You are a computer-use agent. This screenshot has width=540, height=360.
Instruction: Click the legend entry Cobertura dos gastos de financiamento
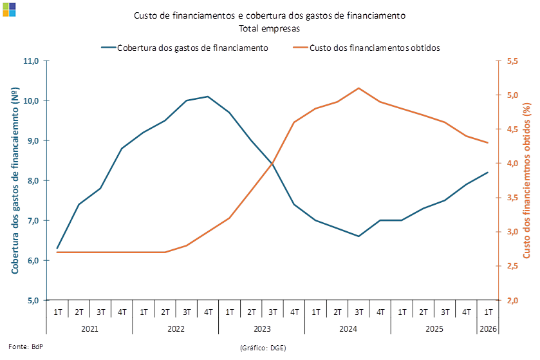coord(185,48)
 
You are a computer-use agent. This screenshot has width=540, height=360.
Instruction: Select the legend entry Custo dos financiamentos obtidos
coord(366,48)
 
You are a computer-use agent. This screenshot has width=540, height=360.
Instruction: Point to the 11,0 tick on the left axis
coord(31,61)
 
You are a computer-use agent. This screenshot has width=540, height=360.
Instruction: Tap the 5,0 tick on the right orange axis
coord(512,95)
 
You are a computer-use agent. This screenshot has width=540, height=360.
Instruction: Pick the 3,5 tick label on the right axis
coord(512,198)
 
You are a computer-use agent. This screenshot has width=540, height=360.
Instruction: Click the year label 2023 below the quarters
coord(262,329)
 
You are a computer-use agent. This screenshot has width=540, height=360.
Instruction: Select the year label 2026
coord(488,329)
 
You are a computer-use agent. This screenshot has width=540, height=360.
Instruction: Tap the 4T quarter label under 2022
coord(209,312)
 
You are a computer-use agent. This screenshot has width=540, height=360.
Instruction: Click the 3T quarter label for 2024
coord(359,312)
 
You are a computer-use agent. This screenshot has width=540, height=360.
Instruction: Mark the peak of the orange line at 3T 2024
coord(358,88)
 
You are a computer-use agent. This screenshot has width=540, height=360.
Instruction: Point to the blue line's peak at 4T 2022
coord(208,97)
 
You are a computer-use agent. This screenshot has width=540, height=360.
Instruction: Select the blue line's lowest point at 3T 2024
coord(358,236)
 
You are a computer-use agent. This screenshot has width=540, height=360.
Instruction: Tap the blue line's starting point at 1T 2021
coord(57,249)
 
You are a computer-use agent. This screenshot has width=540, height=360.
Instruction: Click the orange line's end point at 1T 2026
coord(488,142)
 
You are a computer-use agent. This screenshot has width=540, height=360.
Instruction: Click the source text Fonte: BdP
coord(26,346)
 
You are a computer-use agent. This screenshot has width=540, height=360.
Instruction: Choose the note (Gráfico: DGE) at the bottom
coord(263,348)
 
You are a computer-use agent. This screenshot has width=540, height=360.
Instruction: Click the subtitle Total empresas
coord(269,28)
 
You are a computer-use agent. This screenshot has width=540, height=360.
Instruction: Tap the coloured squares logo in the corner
coord(9,10)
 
